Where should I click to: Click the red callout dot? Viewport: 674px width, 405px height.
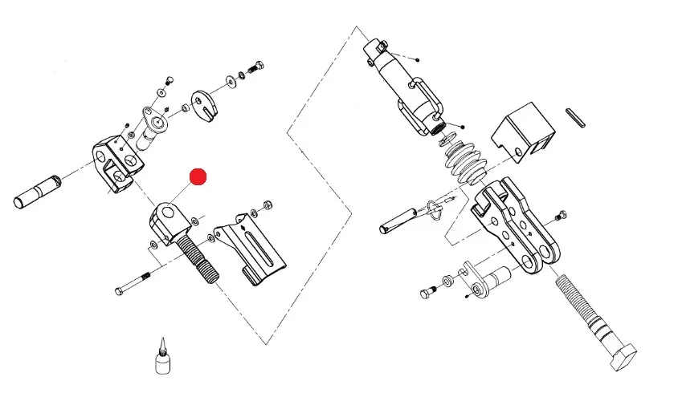(198, 176)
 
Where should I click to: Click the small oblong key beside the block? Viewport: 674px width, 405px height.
(579, 116)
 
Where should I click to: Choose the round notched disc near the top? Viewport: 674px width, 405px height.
(205, 105)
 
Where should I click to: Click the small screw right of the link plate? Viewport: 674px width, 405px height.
(562, 214)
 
